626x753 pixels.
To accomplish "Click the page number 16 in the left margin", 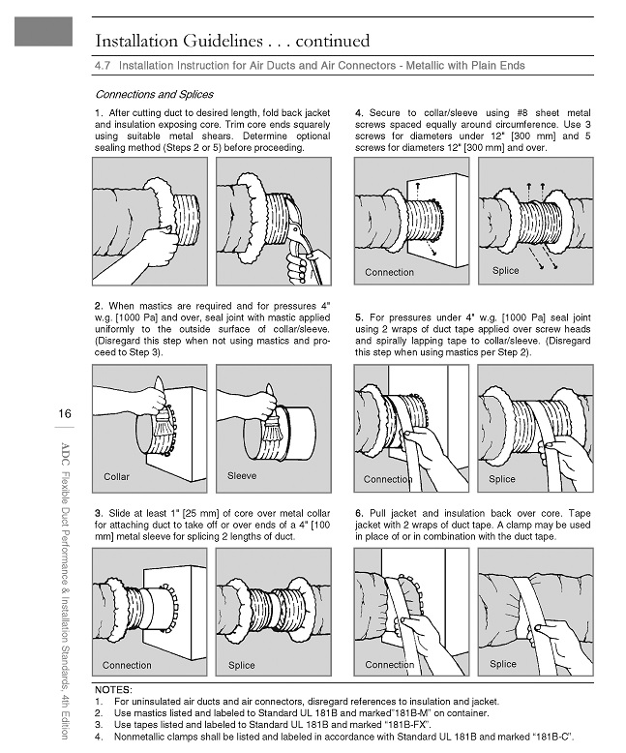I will click(64, 414).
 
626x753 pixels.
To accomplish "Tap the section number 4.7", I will click(104, 66).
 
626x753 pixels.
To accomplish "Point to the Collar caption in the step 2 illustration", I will click(116, 477).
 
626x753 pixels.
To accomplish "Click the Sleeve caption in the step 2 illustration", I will click(242, 476).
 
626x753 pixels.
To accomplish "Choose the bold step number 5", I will click(359, 316).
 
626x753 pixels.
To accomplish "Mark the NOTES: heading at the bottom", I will click(113, 689).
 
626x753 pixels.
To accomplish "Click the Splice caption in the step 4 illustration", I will click(505, 271).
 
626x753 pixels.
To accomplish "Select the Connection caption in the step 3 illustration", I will click(127, 665).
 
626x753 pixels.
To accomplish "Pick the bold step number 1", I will click(98, 114).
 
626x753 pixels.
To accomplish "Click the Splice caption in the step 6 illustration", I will click(502, 664).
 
